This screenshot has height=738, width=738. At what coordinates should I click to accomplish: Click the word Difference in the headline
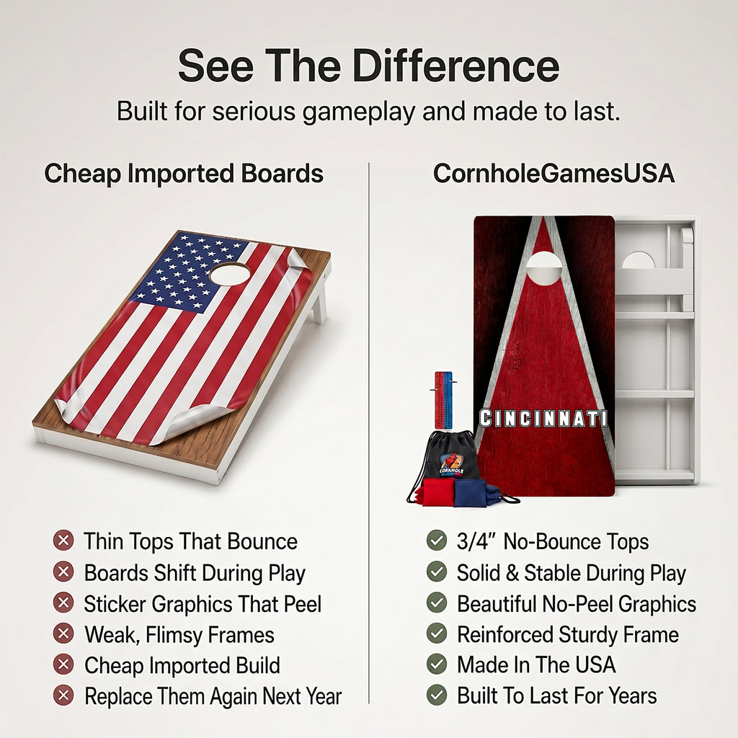click(455, 66)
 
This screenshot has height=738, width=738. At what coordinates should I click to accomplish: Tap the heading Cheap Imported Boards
click(184, 173)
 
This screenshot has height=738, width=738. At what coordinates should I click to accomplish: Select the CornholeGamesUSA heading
click(553, 173)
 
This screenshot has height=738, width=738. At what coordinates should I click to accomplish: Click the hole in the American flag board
click(230, 273)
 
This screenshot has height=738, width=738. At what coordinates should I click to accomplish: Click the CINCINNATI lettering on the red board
click(543, 419)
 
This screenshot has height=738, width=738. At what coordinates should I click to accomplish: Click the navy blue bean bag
click(476, 493)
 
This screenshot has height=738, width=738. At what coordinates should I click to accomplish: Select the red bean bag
click(437, 492)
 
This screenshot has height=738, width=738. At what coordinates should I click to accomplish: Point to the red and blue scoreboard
click(443, 400)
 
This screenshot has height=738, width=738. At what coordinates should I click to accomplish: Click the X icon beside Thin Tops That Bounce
click(63, 541)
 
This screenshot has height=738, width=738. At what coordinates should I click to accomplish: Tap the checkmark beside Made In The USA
click(436, 664)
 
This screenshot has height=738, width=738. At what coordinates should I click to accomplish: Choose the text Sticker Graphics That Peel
click(203, 605)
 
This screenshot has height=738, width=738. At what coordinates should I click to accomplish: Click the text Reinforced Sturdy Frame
click(568, 634)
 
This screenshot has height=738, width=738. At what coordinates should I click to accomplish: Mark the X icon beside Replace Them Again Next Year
click(63, 695)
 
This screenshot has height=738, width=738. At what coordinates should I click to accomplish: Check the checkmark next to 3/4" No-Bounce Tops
click(436, 541)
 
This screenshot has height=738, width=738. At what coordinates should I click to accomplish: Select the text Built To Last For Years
click(557, 695)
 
